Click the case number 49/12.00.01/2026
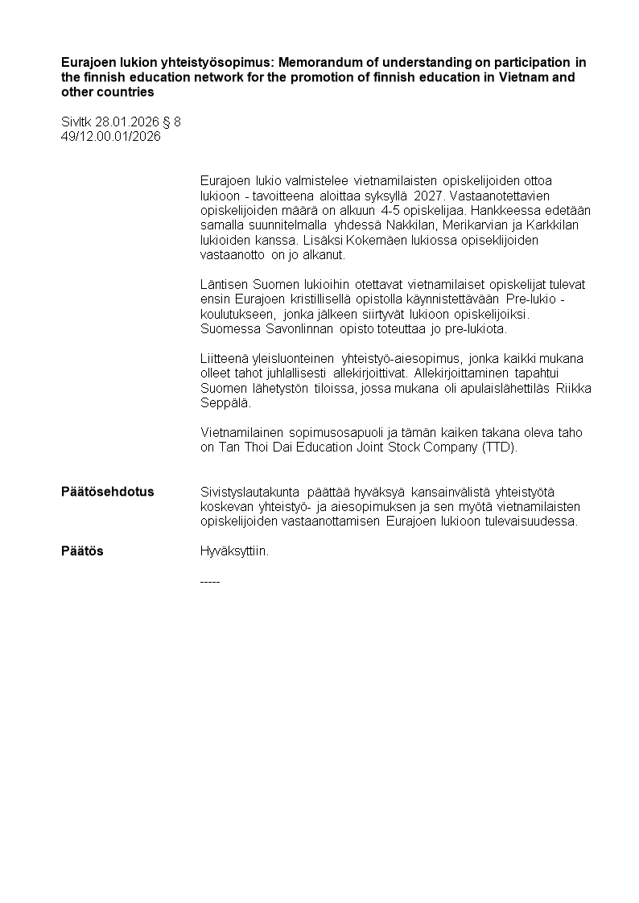(x=111, y=137)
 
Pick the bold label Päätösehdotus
(x=108, y=492)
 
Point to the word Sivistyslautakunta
(x=249, y=492)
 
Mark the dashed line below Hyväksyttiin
(x=209, y=580)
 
